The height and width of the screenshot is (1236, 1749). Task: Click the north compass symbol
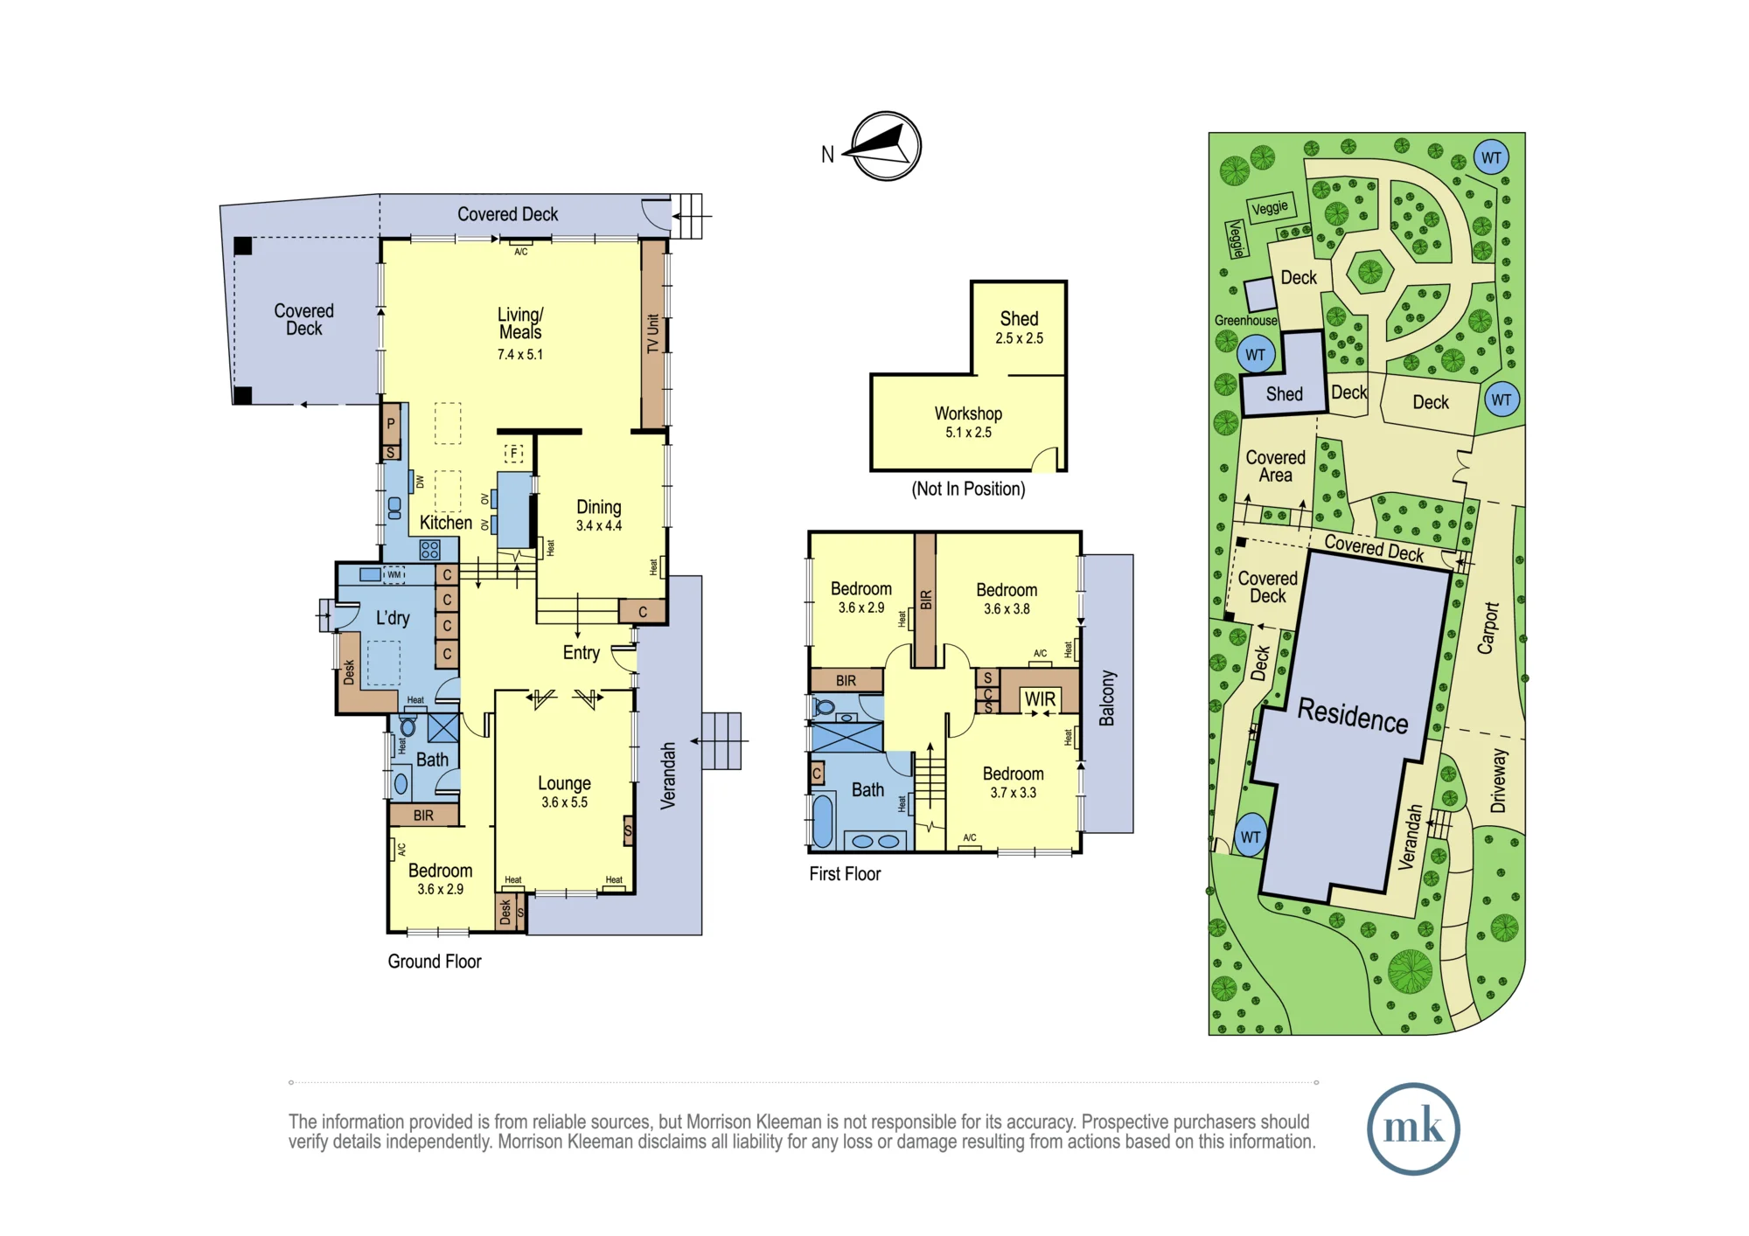point(886,146)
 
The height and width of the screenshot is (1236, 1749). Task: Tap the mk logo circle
point(1413,1128)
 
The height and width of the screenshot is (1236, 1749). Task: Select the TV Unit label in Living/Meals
point(652,333)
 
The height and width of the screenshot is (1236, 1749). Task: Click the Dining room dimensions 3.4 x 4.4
point(599,526)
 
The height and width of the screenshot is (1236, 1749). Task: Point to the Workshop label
point(968,413)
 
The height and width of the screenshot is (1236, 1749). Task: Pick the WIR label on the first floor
point(1040,699)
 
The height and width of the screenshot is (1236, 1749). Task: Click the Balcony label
point(1107,698)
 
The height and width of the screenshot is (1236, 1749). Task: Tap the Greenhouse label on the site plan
point(1245,321)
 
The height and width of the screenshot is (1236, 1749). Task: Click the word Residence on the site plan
point(1353,715)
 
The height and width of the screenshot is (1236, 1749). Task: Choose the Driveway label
point(1499,781)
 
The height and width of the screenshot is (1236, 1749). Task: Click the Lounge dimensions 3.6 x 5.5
point(564,802)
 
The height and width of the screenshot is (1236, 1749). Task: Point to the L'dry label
point(393,618)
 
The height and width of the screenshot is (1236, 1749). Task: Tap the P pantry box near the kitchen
point(391,424)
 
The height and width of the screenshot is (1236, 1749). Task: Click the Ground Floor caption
point(435,962)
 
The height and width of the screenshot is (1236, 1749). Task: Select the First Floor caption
point(845,874)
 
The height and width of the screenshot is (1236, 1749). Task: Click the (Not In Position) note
point(968,489)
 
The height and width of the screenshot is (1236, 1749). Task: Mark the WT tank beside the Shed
point(1256,355)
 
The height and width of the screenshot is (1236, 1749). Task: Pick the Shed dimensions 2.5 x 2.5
point(1019,339)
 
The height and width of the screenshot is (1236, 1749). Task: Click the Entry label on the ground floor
point(581,653)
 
